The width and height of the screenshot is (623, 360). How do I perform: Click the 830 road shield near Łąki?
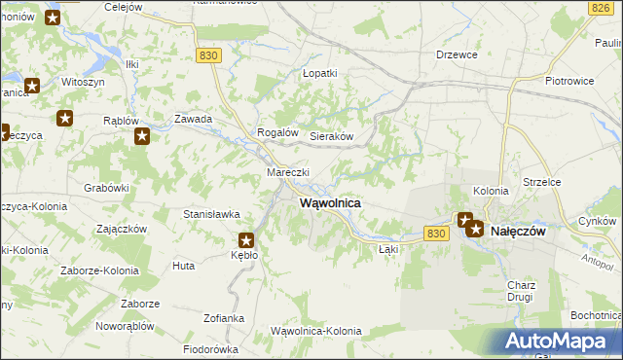pos(436,233)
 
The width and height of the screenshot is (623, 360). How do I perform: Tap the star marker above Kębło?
pos(246,239)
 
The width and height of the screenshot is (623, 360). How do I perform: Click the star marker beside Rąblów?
pos(141,136)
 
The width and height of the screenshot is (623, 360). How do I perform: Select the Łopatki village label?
pos(319,73)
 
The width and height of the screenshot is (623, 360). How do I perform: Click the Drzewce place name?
pos(457,54)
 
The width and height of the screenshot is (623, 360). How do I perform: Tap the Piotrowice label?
pos(569,81)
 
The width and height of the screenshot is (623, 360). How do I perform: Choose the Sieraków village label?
pos(330,137)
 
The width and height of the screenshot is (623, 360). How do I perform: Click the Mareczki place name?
pos(288,172)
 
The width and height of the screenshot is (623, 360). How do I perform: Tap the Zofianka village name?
pos(224,318)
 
